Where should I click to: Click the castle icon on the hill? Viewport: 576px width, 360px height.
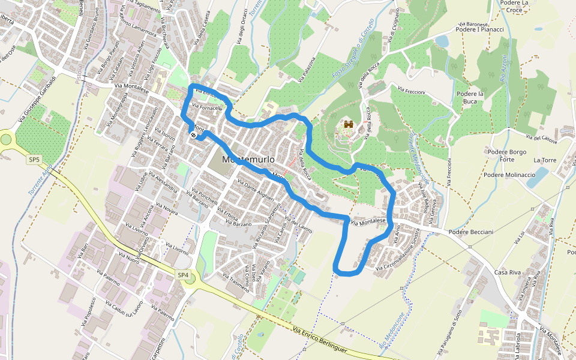click(x=348, y=125)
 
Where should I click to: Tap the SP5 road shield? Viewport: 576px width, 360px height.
click(x=34, y=160)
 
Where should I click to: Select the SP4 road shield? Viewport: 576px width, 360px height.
click(x=183, y=275)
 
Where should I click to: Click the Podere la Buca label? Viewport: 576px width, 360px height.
click(x=470, y=98)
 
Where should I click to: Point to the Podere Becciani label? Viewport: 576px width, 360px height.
click(x=470, y=232)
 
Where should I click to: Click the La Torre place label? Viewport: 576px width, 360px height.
click(x=545, y=160)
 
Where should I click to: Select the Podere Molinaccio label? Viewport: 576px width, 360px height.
click(x=509, y=175)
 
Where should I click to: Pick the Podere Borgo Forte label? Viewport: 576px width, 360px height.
click(x=508, y=155)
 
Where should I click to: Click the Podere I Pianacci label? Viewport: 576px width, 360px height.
click(x=479, y=29)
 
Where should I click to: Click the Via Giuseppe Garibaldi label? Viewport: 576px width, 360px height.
click(x=37, y=99)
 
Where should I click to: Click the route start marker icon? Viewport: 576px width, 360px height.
click(x=193, y=135)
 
